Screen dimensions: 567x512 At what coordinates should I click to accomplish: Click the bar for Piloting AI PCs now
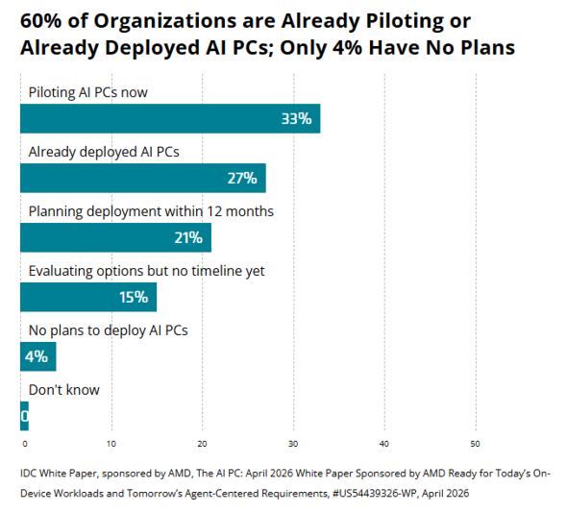(170, 118)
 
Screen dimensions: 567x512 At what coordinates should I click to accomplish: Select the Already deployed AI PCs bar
(143, 178)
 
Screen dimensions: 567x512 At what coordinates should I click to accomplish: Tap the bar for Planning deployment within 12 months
(115, 237)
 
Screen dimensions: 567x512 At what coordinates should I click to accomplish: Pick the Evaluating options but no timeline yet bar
(88, 297)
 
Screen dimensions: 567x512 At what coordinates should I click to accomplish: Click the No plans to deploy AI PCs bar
(38, 356)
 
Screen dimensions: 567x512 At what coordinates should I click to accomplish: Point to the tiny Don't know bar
(24, 416)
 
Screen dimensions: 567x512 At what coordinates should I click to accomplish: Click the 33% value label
(297, 119)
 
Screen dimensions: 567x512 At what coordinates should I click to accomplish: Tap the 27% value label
(242, 179)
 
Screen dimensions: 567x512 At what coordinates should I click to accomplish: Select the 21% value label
(188, 238)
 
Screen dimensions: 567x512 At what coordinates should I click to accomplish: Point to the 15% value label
(134, 298)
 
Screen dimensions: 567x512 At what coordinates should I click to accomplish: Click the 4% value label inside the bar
(37, 357)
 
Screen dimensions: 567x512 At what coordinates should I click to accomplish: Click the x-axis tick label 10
(111, 444)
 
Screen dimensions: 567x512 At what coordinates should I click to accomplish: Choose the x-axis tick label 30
(293, 444)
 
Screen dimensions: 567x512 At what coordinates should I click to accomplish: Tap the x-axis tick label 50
(475, 444)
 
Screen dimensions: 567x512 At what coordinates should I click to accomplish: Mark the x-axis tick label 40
(384, 444)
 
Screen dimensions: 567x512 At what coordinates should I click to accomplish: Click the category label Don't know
(64, 390)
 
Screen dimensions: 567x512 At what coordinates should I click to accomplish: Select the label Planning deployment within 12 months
(151, 211)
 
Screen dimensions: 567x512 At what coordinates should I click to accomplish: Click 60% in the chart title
(41, 21)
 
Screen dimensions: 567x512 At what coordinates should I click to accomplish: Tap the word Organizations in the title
(165, 22)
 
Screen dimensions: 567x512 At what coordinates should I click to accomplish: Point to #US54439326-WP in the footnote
(374, 494)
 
